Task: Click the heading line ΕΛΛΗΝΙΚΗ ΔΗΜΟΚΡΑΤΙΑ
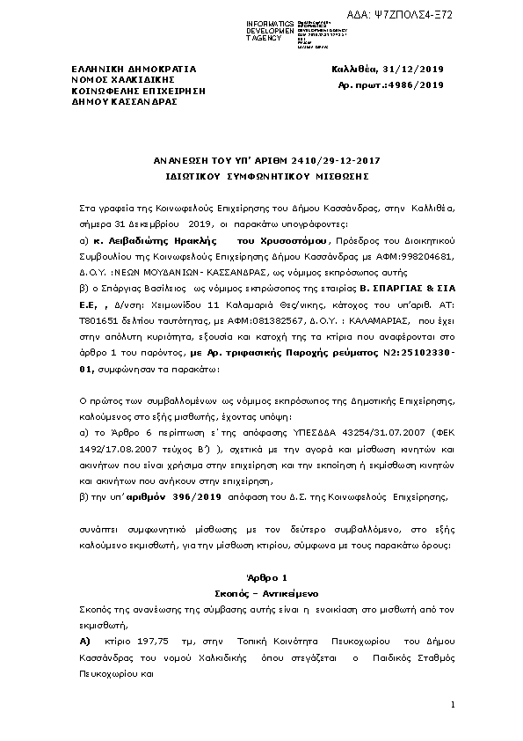(134, 68)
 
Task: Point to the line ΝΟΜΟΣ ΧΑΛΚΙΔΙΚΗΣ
(120, 78)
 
